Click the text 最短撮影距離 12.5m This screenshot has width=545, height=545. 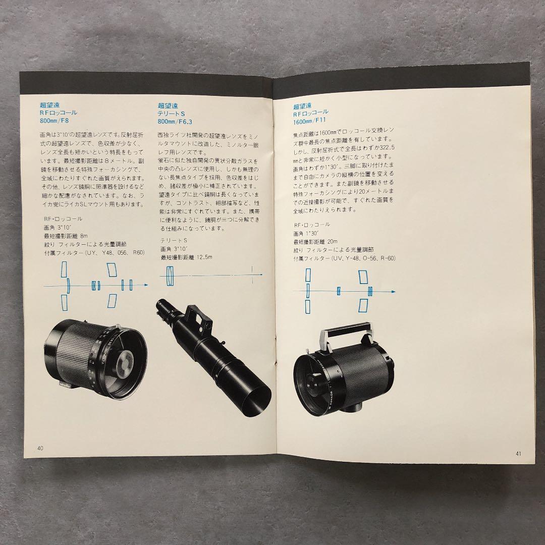pos(187,257)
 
